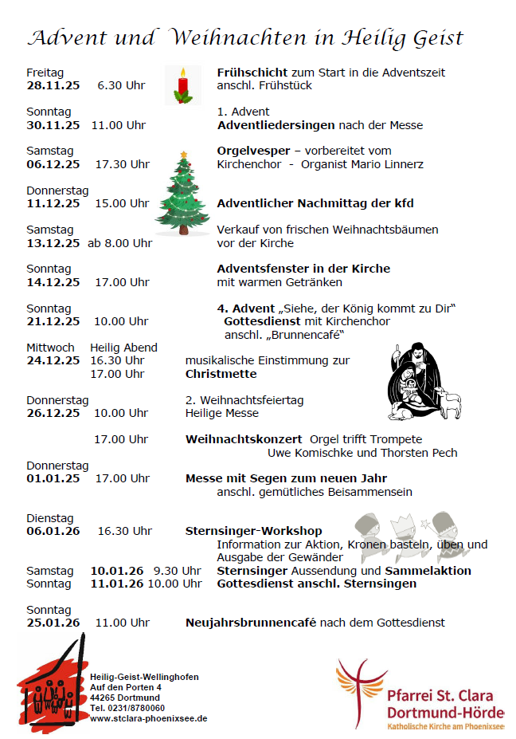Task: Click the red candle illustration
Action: pyautogui.click(x=182, y=85)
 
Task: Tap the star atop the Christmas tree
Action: pyautogui.click(x=184, y=153)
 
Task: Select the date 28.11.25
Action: pyautogui.click(x=53, y=85)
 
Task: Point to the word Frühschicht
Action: pyautogui.click(x=252, y=73)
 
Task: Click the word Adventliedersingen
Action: pyautogui.click(x=276, y=124)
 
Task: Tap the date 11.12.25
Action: pyautogui.click(x=53, y=203)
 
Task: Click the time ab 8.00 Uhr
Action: pyautogui.click(x=120, y=243)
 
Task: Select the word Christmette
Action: pyautogui.click(x=221, y=373)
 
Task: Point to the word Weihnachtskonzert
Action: pyautogui.click(x=244, y=439)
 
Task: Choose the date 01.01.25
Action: pyautogui.click(x=53, y=478)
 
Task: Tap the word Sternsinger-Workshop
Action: pyautogui.click(x=254, y=531)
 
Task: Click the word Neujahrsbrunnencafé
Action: pyautogui.click(x=251, y=623)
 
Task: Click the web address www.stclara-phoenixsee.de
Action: pyautogui.click(x=148, y=718)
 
